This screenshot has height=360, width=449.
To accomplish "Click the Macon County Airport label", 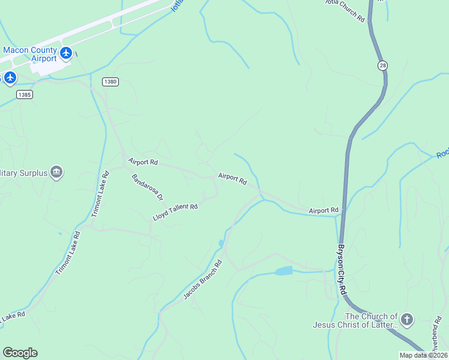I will [x=30, y=54].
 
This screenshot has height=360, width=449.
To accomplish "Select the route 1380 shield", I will [x=109, y=82].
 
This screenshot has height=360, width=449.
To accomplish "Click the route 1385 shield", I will [x=25, y=95].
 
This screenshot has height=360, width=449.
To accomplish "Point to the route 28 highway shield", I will [x=382, y=65].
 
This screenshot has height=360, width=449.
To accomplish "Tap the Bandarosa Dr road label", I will [x=148, y=188].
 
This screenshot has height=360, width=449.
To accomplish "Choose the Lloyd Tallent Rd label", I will [x=175, y=212].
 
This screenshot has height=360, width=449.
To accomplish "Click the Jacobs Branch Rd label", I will [x=202, y=280].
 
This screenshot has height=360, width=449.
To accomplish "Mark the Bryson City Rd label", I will [x=342, y=268].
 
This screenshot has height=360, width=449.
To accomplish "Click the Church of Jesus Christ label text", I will [x=355, y=320].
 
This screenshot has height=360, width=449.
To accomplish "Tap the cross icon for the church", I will [x=407, y=319].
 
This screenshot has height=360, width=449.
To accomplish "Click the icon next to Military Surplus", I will [x=56, y=173].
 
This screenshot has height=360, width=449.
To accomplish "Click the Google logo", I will [x=20, y=353].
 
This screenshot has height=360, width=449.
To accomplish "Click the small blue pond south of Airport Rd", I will [x=283, y=271].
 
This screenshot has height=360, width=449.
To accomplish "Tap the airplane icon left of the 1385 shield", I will [x=10, y=77].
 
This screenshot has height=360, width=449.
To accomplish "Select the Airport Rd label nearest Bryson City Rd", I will [x=324, y=211].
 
